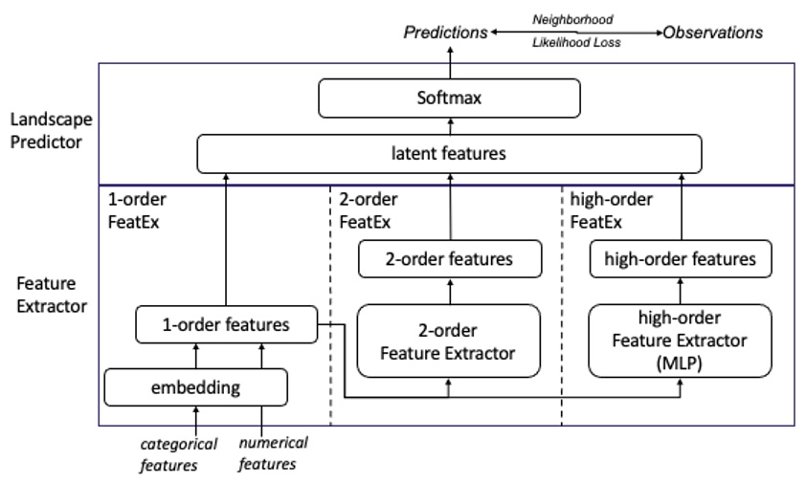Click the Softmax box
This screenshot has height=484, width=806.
coord(449,98)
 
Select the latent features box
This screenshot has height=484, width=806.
coord(449,153)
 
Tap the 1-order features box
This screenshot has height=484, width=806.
coord(226,324)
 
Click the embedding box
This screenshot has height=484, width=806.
coord(195,386)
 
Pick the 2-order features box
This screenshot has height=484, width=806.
coord(449,258)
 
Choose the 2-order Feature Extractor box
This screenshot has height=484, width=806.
coord(449,341)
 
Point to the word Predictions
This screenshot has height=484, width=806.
coord(445,33)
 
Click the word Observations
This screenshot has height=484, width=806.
coord(714,33)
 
